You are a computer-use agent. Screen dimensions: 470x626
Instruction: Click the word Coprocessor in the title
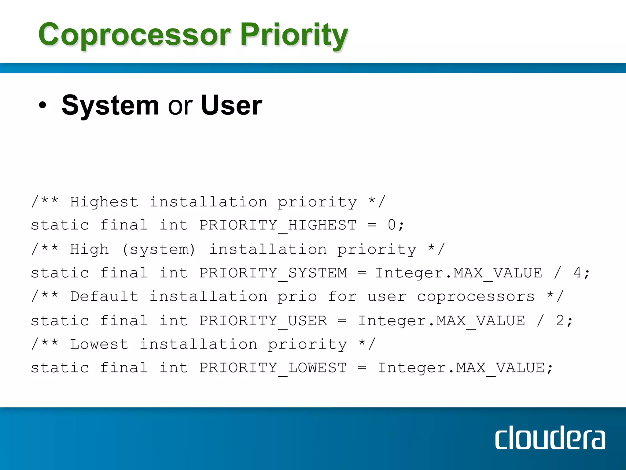pyautogui.click(x=134, y=35)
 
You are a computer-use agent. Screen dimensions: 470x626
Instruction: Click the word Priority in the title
pyautogui.click(x=294, y=35)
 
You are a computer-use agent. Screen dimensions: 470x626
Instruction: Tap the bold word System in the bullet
pyautogui.click(x=110, y=105)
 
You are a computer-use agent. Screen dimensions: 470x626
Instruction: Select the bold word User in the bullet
pyautogui.click(x=231, y=105)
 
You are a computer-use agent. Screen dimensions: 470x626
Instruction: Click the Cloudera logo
pyautogui.click(x=550, y=438)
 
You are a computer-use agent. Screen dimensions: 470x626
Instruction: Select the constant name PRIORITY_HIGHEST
pyautogui.click(x=278, y=226)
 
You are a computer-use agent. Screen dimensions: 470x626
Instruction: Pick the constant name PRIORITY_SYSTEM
pyautogui.click(x=273, y=273)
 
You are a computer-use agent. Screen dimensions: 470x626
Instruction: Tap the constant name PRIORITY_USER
pyautogui.click(x=263, y=321)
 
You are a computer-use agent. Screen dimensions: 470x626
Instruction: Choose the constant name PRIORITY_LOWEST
pyautogui.click(x=273, y=368)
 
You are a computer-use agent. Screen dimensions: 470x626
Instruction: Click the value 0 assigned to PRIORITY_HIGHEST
pyautogui.click(x=392, y=225)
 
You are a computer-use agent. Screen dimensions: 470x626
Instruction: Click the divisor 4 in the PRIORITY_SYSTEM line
pyautogui.click(x=577, y=273)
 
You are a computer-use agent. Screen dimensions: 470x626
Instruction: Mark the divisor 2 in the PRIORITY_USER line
pyautogui.click(x=560, y=321)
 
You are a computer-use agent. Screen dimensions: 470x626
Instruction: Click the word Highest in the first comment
pyautogui.click(x=104, y=202)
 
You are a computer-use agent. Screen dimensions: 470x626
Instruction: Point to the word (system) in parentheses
pyautogui.click(x=158, y=249)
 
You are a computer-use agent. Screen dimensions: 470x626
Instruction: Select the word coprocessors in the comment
pyautogui.click(x=476, y=297)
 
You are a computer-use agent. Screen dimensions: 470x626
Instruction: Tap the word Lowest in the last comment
pyautogui.click(x=99, y=344)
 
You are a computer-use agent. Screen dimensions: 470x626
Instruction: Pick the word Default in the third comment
pyautogui.click(x=104, y=297)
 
